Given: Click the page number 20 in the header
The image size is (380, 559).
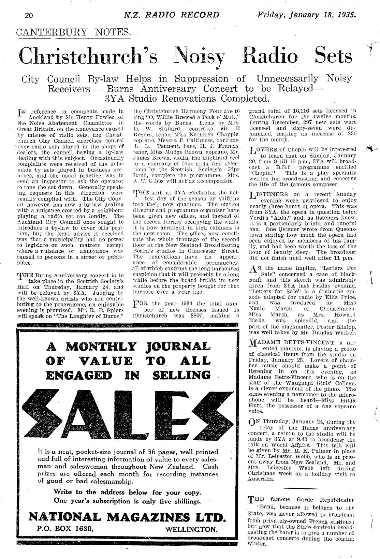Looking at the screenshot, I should coord(28,15).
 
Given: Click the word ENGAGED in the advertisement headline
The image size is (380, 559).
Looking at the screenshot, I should coord(79,375).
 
